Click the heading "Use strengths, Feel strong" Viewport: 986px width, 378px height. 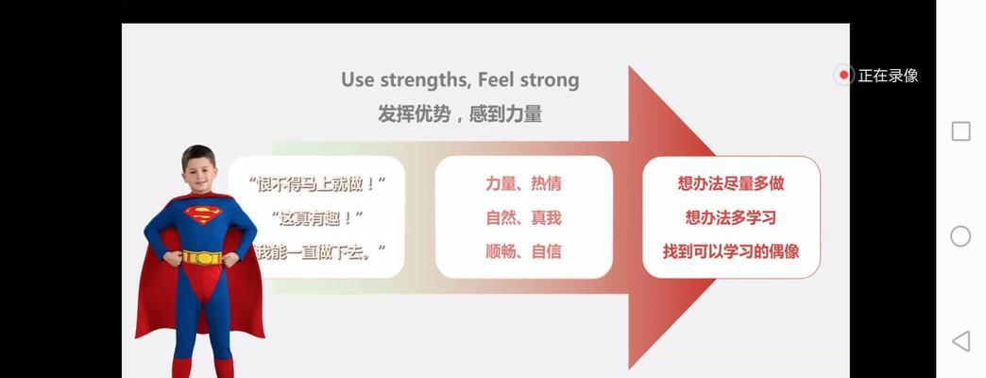coord(460,80)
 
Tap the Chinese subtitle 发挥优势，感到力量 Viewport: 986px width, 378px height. coord(460,113)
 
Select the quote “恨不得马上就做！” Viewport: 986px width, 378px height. coord(317,184)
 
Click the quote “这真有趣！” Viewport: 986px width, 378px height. coord(318,218)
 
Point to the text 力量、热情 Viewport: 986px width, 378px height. coord(523,183)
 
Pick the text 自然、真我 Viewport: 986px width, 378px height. coord(523,217)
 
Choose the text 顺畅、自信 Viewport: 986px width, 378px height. coord(523,251)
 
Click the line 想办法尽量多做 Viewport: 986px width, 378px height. coord(731,183)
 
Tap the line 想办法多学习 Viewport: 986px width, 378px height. coord(731,217)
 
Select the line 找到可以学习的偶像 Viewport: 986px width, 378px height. coord(731,251)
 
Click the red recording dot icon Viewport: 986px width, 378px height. coord(844,76)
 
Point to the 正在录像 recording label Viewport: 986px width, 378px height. coord(888,77)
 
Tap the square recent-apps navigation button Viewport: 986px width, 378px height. coord(960,131)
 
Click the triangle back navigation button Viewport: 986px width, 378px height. coord(960,341)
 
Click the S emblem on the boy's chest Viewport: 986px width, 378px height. coord(202,215)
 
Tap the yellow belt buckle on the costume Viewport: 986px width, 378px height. coord(202,258)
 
